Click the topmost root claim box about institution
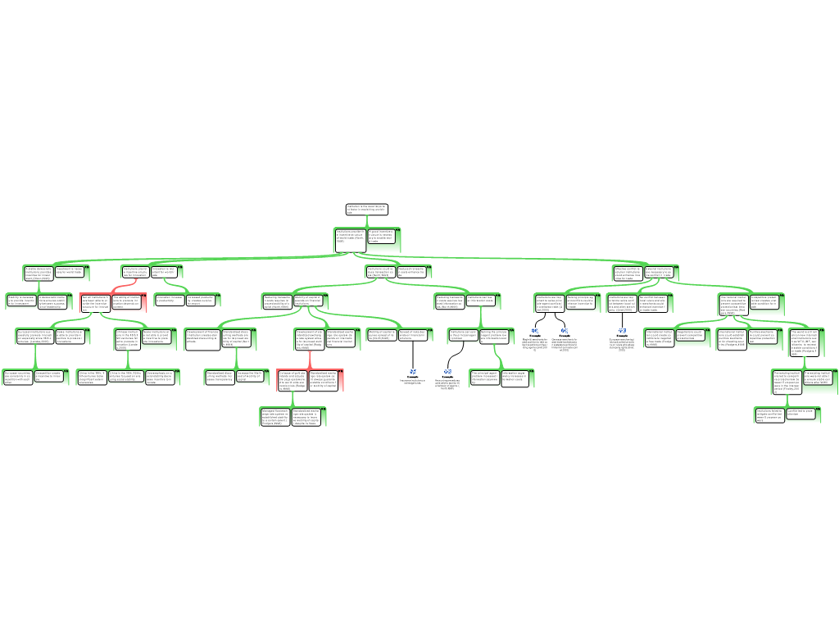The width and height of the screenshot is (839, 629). [x=365, y=210]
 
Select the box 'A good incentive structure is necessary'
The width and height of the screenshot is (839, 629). [x=383, y=239]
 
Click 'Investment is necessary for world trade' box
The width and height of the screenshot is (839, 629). [x=71, y=271]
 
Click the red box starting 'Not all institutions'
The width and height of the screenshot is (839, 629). [x=94, y=303]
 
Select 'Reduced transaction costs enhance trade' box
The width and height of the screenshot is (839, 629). [x=415, y=271]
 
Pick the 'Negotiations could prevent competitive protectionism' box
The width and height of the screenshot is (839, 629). [x=692, y=336]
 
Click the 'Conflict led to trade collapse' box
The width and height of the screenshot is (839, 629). [x=801, y=414]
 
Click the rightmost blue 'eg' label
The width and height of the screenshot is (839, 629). [x=622, y=330]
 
